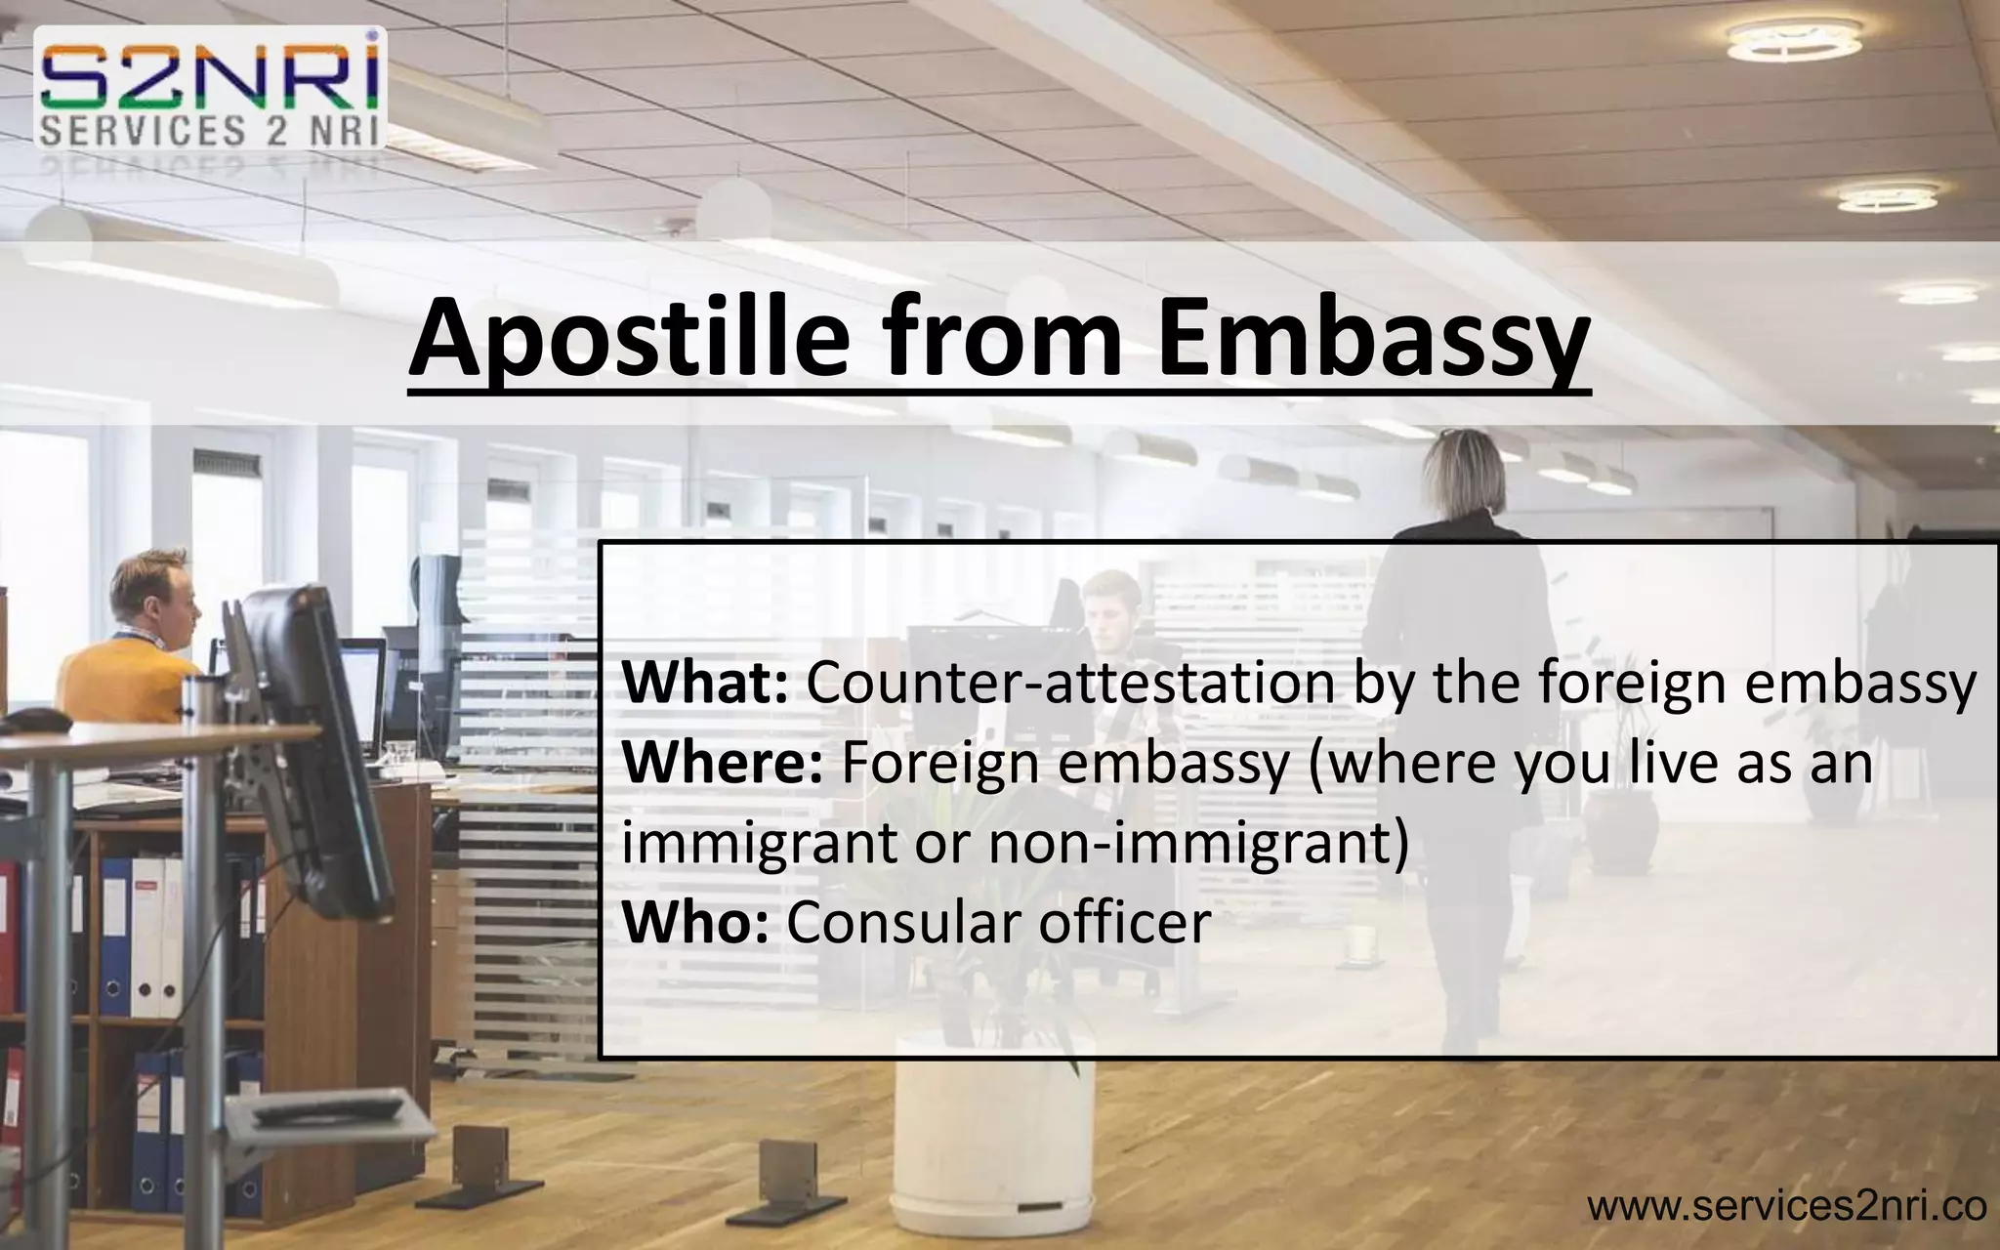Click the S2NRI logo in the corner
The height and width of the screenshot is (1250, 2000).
point(210,88)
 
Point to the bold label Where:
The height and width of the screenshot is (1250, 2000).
point(723,763)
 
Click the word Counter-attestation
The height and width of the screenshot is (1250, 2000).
point(1069,683)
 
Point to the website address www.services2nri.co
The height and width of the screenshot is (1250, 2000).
point(1786,1207)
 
